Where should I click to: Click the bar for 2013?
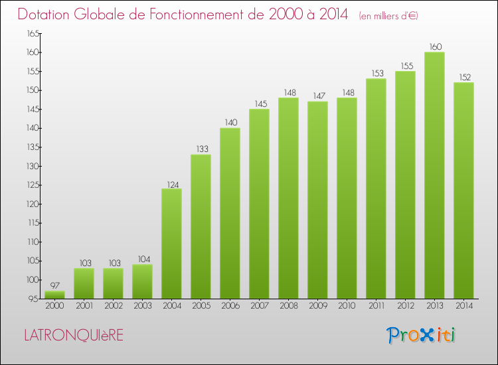coord(434,175)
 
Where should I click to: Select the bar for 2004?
coord(171,244)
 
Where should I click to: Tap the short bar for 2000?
coord(54,294)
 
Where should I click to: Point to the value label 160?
coord(434,47)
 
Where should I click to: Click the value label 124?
coord(171,184)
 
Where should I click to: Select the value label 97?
coord(54,286)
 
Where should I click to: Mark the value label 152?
coord(463,78)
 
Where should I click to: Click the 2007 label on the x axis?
coord(259,307)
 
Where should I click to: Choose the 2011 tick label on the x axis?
coord(376,307)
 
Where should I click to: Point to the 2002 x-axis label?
coord(113,307)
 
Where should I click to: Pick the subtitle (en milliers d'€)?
coord(388,16)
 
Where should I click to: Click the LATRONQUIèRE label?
coord(74,336)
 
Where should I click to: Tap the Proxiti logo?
coord(422,335)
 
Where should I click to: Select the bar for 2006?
coord(230,213)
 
